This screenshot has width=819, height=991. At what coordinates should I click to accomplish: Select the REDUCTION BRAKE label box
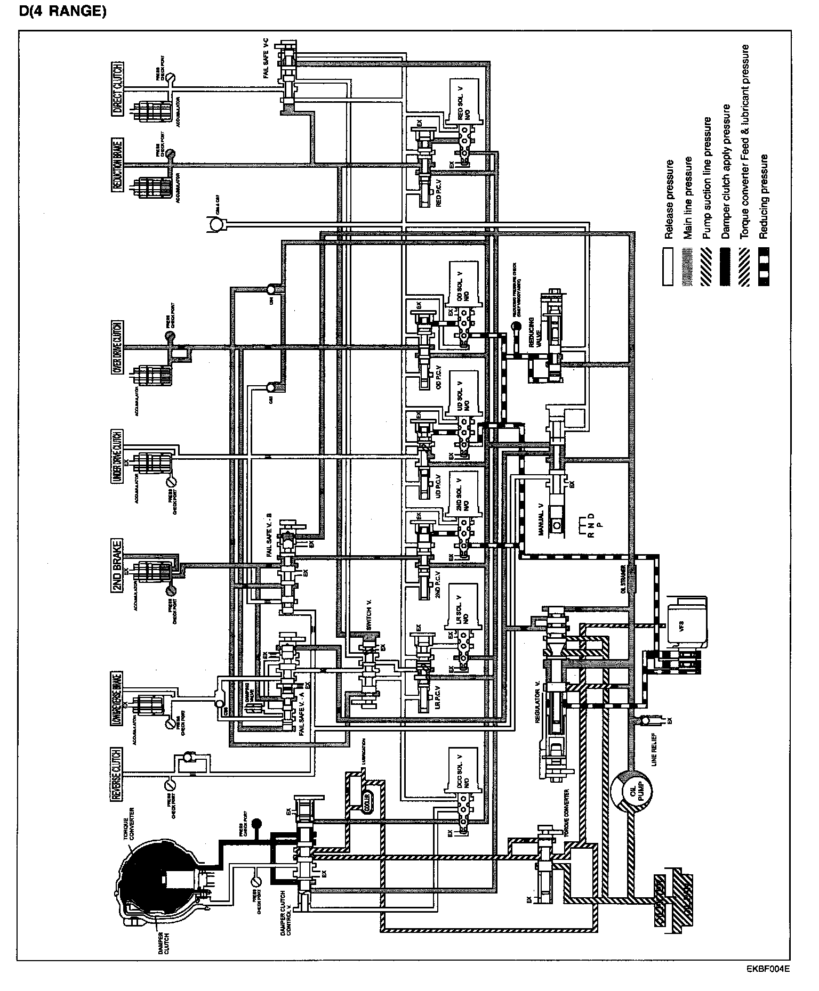(118, 164)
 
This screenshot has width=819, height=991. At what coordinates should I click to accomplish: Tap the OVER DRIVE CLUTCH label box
(118, 347)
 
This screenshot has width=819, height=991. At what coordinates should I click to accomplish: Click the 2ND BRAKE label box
(118, 565)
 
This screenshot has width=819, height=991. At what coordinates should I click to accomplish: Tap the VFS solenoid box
(687, 621)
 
